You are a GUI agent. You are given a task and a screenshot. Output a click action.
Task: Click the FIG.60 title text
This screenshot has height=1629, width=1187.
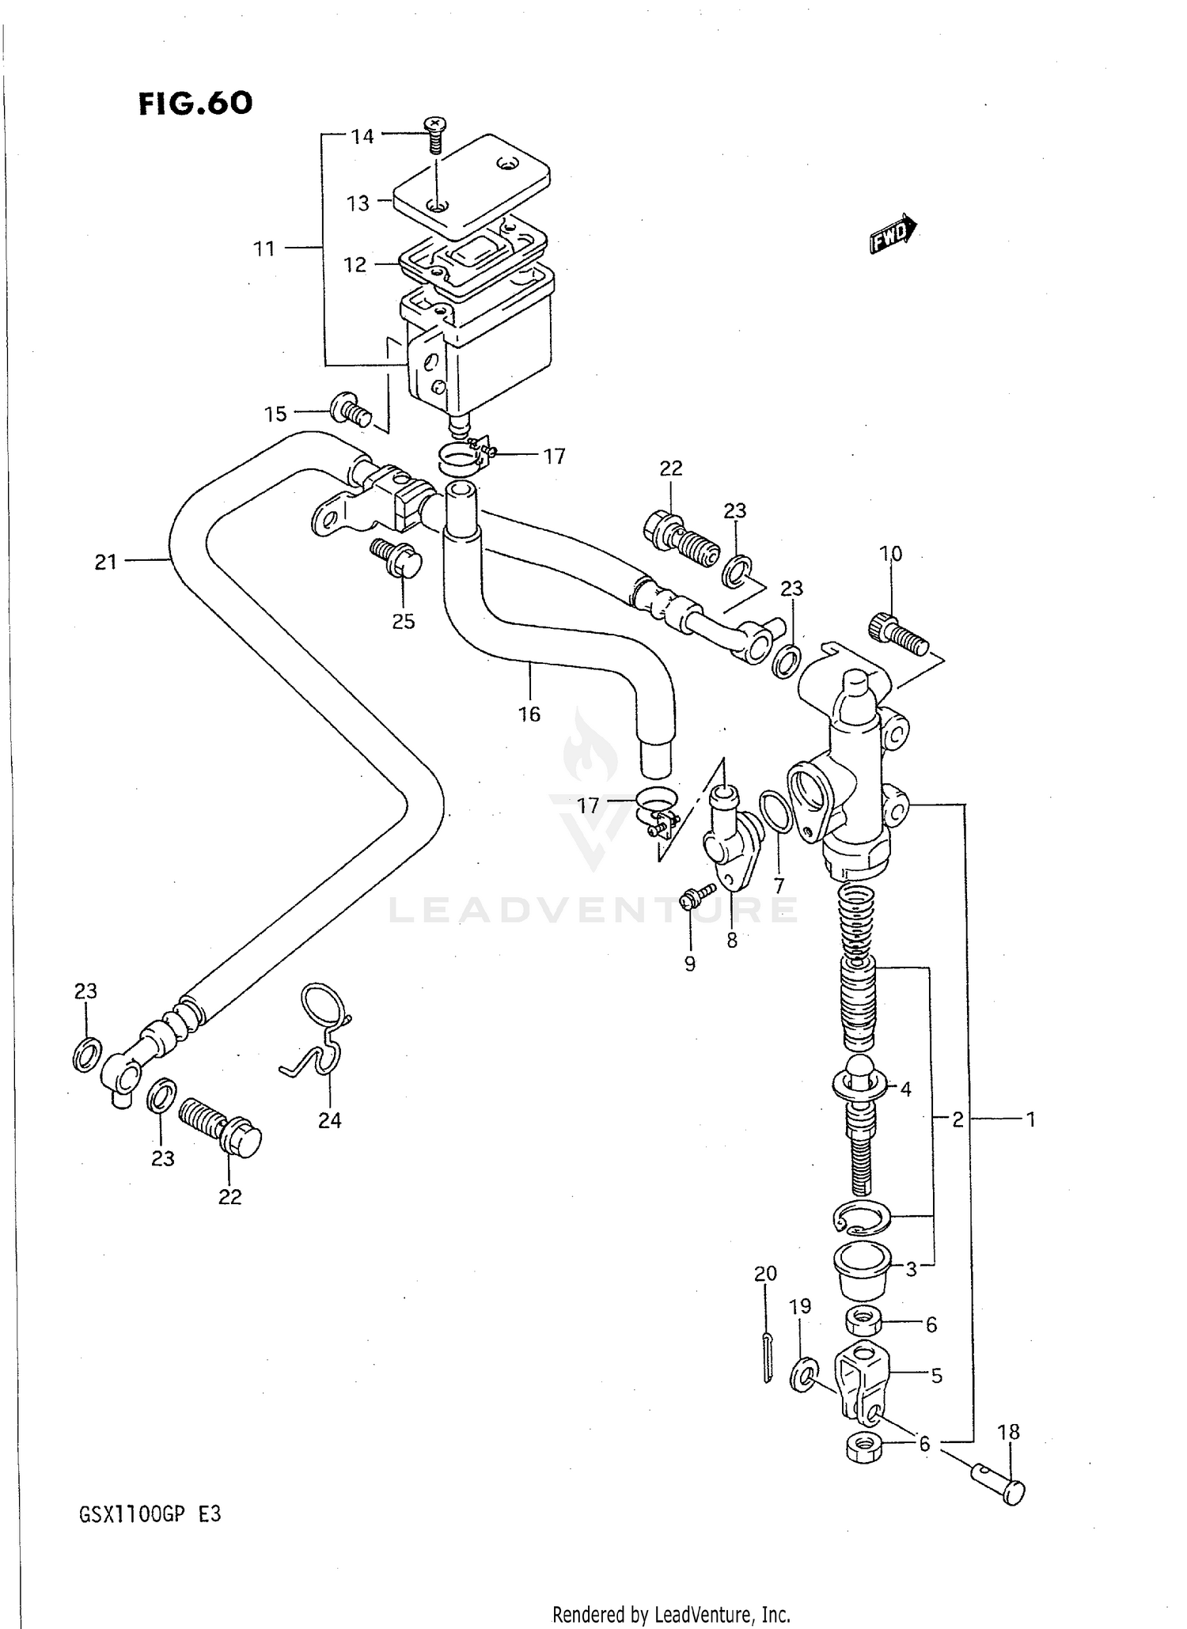[x=195, y=103]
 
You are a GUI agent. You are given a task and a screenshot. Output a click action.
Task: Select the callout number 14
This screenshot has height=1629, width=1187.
[x=362, y=137]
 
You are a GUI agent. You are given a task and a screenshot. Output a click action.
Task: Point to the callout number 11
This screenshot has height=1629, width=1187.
[x=264, y=249]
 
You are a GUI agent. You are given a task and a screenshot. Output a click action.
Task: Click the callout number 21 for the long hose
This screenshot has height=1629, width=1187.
[x=105, y=563]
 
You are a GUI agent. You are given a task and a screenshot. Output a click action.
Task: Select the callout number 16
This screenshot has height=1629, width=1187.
[x=529, y=714]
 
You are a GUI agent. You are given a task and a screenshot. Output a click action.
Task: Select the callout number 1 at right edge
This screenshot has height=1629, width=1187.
[x=1030, y=1119]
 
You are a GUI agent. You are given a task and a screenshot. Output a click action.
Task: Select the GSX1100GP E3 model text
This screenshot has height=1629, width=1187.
[x=150, y=1514]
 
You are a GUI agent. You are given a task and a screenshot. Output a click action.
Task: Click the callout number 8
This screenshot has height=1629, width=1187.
[x=732, y=941]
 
